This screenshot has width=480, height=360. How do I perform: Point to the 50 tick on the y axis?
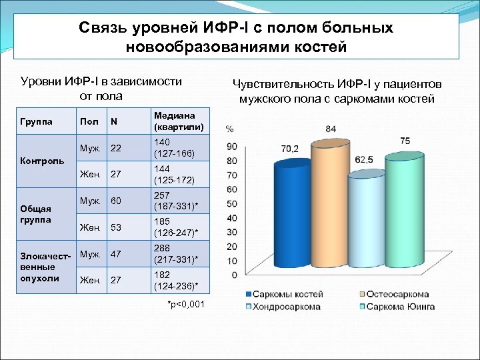click(x=231, y=204)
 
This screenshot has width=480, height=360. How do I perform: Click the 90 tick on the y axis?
click(x=231, y=146)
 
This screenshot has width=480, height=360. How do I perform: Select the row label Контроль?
click(x=43, y=161)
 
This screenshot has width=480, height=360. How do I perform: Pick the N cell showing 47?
click(x=116, y=255)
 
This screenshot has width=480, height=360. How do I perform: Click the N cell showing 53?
click(x=116, y=228)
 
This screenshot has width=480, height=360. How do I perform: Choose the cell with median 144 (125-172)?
click(x=174, y=175)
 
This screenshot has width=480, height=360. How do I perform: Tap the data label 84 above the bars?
click(x=331, y=128)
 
